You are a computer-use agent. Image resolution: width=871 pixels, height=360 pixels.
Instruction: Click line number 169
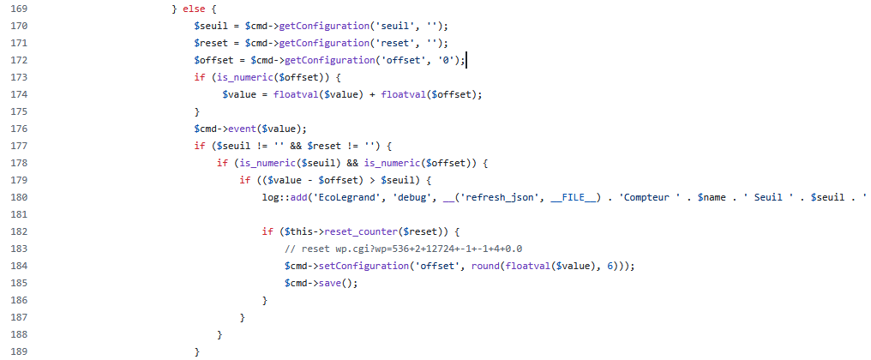coord(18,9)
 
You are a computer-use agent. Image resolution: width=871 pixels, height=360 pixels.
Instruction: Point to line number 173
coord(18,77)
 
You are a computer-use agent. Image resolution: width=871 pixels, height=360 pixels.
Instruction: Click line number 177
coord(18,146)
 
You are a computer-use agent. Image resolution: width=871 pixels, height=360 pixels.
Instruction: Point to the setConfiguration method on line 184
coord(366,266)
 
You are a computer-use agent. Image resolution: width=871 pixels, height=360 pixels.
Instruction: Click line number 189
coord(18,351)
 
